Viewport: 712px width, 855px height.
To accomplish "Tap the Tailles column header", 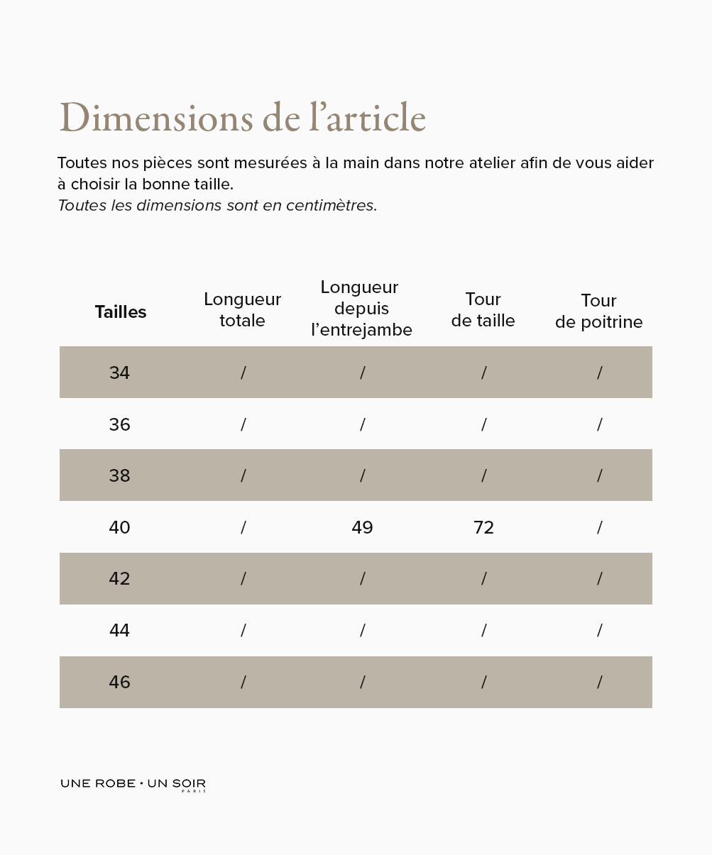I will tap(121, 312).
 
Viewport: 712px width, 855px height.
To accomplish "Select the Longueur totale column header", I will tap(242, 310).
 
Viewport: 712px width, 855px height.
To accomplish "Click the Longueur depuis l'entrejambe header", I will tap(361, 309).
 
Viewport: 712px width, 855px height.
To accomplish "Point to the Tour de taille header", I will tap(483, 310).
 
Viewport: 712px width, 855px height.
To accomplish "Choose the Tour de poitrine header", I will tap(598, 311).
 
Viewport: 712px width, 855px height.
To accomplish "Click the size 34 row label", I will tap(119, 373).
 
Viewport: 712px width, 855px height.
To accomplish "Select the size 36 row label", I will tap(119, 424).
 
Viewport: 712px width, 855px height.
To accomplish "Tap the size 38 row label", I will tap(119, 475).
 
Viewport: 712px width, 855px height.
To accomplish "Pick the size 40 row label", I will tap(119, 527).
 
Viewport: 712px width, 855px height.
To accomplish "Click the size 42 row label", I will tap(119, 579).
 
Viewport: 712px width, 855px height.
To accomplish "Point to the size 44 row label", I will tap(119, 630).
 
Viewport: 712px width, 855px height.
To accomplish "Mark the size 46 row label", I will tap(119, 682).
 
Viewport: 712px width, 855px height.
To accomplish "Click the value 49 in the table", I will tap(362, 527).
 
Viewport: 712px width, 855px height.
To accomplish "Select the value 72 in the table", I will tap(483, 527).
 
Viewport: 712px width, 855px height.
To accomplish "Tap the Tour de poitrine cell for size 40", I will tap(599, 527).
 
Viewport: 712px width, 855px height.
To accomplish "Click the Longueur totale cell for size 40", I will tap(243, 527).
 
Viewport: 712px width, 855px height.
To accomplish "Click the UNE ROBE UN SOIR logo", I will tap(133, 784).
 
